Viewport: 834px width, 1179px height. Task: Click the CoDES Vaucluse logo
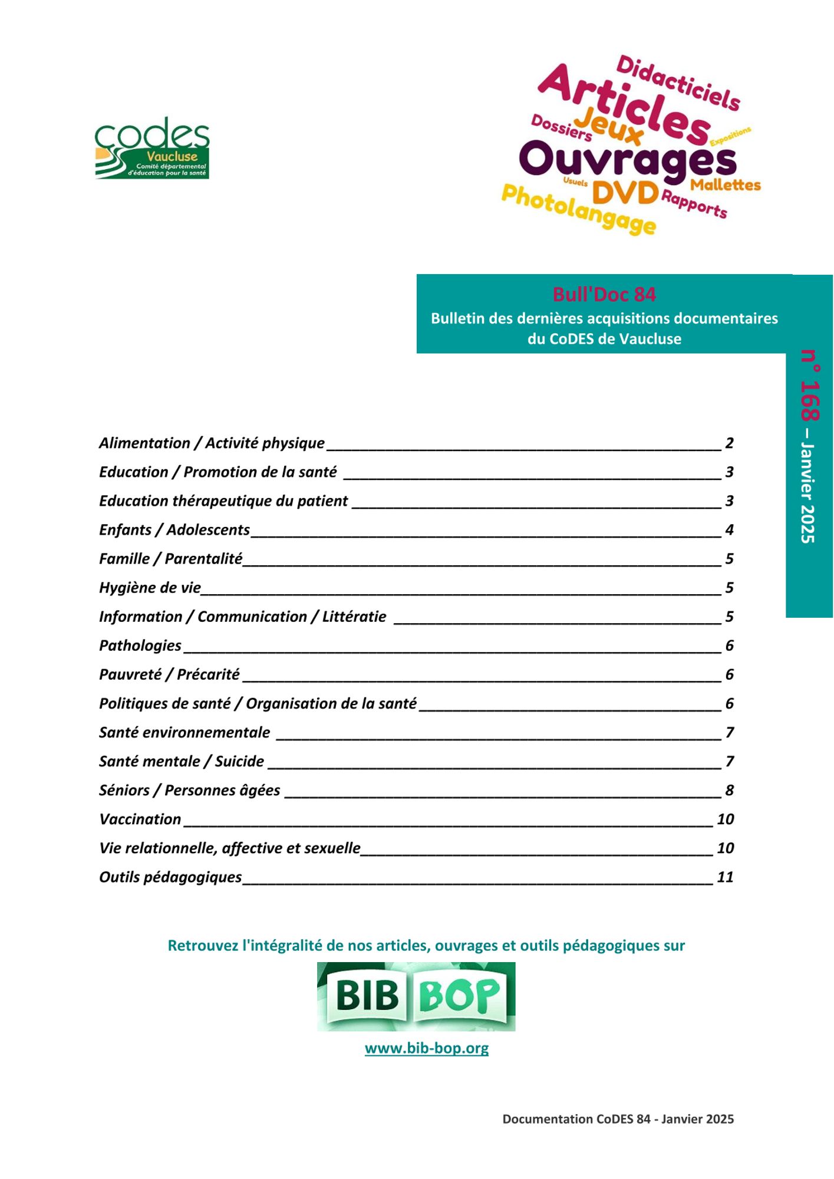tap(152, 149)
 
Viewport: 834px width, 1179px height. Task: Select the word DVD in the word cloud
tap(625, 192)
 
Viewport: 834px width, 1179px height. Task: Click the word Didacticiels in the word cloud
tap(678, 83)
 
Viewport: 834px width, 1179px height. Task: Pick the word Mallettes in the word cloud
tap(725, 185)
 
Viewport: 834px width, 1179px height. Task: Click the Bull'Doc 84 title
tap(604, 294)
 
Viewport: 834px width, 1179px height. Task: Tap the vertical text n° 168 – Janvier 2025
tap(809, 446)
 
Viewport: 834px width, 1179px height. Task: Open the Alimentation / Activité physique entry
tap(212, 443)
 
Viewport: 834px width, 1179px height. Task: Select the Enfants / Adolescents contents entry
tap(174, 530)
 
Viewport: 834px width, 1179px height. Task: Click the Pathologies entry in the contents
tap(140, 646)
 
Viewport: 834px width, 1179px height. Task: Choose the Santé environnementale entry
tap(184, 732)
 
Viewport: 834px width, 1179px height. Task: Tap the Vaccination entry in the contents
tap(140, 819)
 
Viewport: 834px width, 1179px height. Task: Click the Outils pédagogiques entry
tap(170, 877)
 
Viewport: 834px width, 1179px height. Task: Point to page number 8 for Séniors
tap(729, 790)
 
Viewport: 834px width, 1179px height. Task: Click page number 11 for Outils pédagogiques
tap(725, 877)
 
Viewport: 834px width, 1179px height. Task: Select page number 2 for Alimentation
tap(729, 443)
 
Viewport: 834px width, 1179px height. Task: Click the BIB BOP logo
tap(416, 996)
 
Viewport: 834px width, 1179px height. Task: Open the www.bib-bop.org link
tap(427, 1048)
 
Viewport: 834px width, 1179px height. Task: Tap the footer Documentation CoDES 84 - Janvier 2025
tap(618, 1119)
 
